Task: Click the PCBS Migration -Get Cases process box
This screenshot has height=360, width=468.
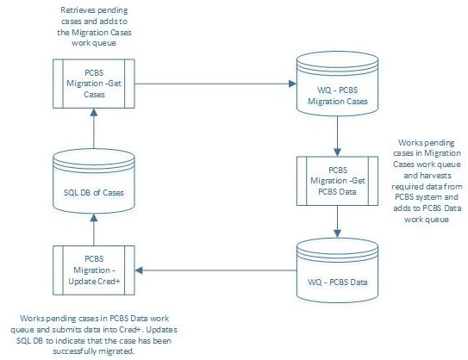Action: pos(94,84)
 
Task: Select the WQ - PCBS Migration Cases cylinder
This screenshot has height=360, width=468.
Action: pos(337,84)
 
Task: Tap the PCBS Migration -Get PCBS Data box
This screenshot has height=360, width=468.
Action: pos(337,181)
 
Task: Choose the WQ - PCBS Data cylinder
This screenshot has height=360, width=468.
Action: pos(337,270)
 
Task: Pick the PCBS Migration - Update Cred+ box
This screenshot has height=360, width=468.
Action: pos(94,270)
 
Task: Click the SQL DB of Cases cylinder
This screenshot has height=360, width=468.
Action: pos(94,181)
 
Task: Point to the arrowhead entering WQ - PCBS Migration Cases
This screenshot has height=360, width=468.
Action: pos(292,84)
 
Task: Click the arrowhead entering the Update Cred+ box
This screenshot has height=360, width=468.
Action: pos(139,270)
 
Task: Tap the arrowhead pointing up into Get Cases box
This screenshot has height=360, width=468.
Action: pos(94,112)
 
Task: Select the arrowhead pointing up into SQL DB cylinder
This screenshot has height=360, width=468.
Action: pos(94,218)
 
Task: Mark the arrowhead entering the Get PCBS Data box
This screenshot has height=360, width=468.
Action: pos(337,152)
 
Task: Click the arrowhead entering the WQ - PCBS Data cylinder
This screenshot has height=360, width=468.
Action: pos(337,234)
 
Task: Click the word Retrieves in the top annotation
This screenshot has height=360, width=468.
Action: pos(76,10)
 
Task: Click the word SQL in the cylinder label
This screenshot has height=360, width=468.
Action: pos(69,193)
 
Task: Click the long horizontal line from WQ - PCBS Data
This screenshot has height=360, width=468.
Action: pos(215,270)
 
